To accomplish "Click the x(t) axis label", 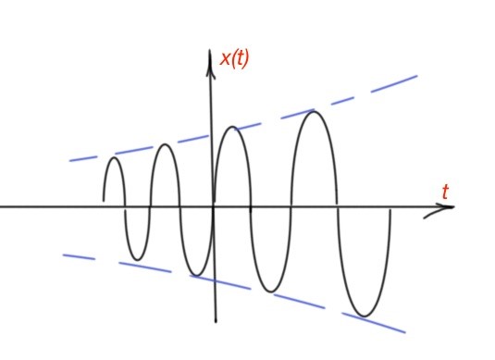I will [x=234, y=59].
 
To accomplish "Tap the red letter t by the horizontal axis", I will [x=445, y=192].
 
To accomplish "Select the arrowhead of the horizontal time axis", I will [x=448, y=207].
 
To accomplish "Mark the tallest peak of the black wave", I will [x=316, y=112].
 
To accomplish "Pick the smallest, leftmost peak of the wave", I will [x=114, y=158].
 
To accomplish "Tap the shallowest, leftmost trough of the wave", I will [x=137, y=258].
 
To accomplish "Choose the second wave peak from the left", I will [x=165, y=144].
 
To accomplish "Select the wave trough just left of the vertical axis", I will [x=195, y=275].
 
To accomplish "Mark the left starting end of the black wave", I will [x=104, y=199].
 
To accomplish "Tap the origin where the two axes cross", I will [x=213, y=206].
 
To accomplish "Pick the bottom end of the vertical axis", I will [x=216, y=321].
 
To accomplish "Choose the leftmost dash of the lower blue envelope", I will [x=78, y=256].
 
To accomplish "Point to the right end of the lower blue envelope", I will [x=403, y=330].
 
